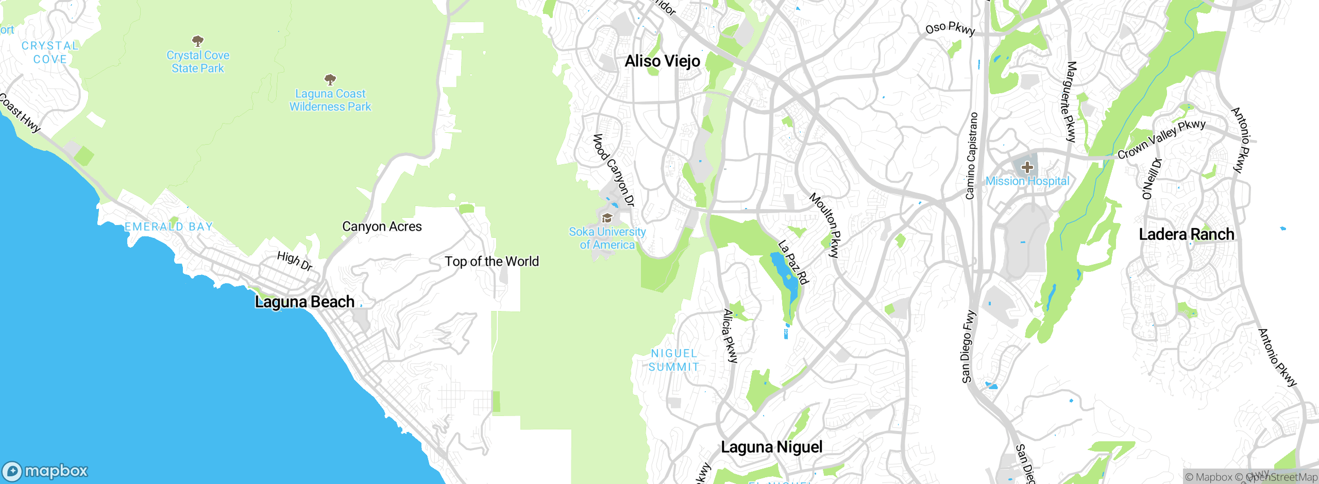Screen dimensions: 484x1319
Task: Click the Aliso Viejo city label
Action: point(662,61)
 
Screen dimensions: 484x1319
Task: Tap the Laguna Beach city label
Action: point(305,302)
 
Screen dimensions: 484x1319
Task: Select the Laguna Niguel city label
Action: point(771,447)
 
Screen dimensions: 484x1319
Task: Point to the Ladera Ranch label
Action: point(1186,234)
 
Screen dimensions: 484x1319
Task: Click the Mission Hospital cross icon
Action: point(1027,167)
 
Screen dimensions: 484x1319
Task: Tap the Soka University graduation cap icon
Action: point(607,218)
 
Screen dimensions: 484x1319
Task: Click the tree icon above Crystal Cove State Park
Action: point(197,41)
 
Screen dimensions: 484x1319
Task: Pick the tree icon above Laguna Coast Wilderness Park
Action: point(330,79)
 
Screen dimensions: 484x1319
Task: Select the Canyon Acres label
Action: point(382,227)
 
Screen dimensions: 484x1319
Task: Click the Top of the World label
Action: point(492,262)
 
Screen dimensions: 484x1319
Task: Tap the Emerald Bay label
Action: point(168,227)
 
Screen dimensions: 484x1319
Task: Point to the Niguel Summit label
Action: point(673,360)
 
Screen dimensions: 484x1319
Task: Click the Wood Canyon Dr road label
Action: point(613,170)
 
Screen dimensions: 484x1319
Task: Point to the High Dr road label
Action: point(295,261)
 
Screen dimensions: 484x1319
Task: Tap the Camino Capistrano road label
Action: point(971,155)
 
